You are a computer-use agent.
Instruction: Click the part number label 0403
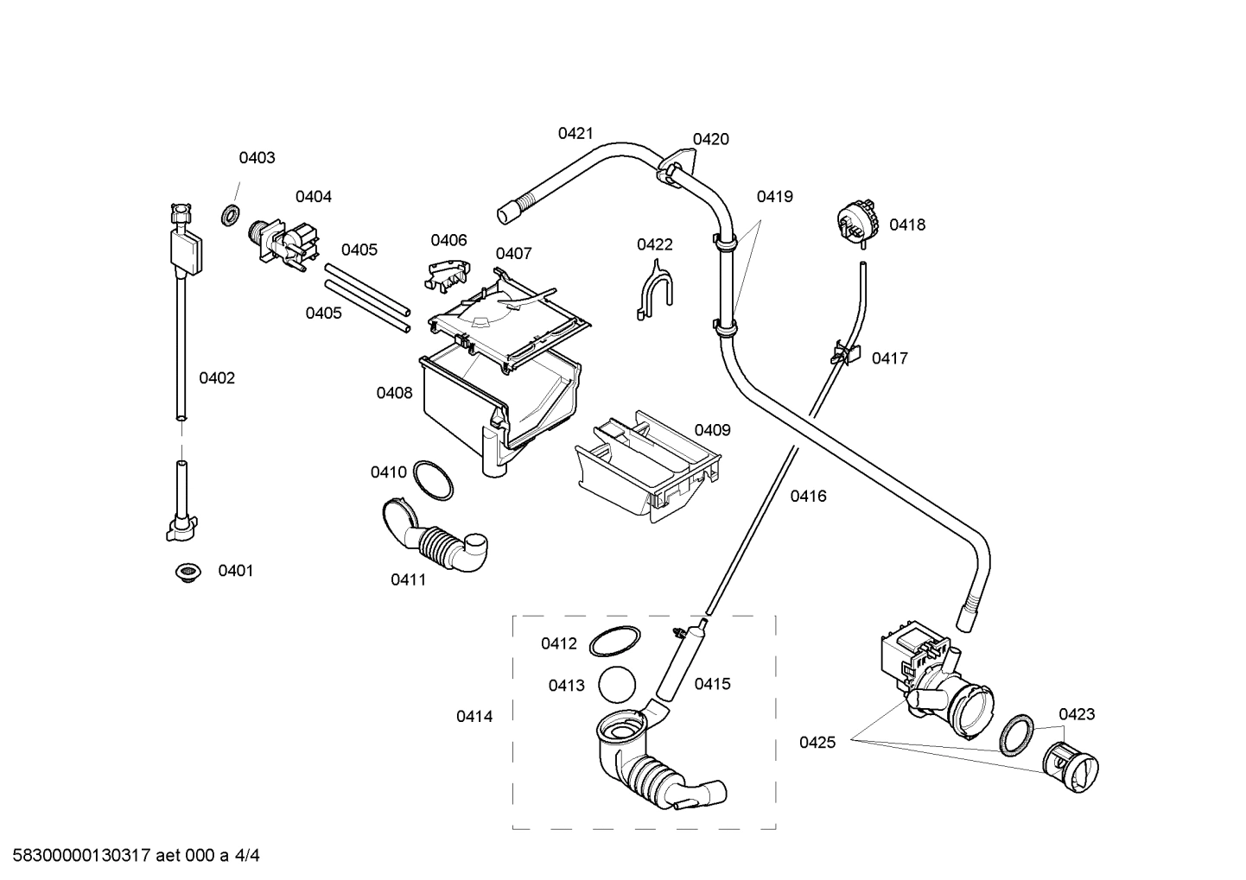pyautogui.click(x=257, y=157)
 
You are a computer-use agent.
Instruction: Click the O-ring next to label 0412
pyautogui.click(x=615, y=643)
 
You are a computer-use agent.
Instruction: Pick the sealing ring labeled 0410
pyautogui.click(x=432, y=479)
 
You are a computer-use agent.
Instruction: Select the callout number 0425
pyautogui.click(x=817, y=742)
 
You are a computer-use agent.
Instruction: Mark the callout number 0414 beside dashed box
pyautogui.click(x=474, y=716)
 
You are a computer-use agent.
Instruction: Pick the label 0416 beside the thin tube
pyautogui.click(x=808, y=496)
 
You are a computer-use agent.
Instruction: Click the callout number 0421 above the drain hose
pyautogui.click(x=575, y=133)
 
